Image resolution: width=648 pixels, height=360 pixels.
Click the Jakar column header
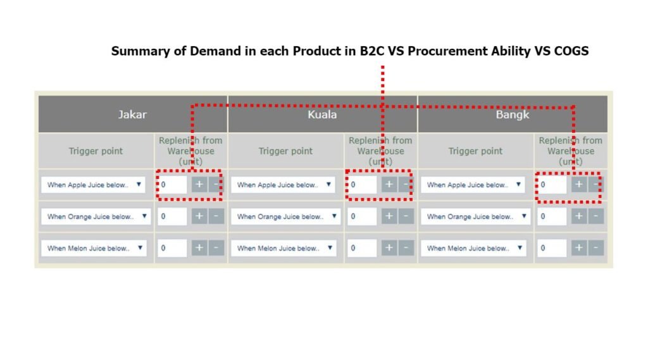[132, 115]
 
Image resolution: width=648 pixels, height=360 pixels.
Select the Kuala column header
[322, 115]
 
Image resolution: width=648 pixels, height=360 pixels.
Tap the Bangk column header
[513, 115]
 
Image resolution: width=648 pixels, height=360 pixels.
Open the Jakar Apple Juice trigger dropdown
[94, 185]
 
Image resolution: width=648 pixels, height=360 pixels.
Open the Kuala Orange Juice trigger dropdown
[285, 216]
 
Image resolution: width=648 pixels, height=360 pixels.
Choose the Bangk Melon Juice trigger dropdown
[473, 248]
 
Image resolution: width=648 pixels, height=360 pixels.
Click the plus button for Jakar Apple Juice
[199, 184]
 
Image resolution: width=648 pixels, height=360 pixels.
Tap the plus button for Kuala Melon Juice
[389, 248]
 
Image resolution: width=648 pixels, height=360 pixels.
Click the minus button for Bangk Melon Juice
[595, 248]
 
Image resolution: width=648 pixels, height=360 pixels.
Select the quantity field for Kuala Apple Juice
[362, 185]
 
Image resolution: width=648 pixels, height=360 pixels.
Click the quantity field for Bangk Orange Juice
[552, 216]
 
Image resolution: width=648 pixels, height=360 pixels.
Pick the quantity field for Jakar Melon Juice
[172, 248]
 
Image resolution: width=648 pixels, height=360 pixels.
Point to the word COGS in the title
[571, 51]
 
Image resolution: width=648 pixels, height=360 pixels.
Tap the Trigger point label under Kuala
[285, 151]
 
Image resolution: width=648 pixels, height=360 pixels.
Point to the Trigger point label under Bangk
[475, 151]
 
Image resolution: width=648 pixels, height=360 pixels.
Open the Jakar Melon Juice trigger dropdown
[94, 248]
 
